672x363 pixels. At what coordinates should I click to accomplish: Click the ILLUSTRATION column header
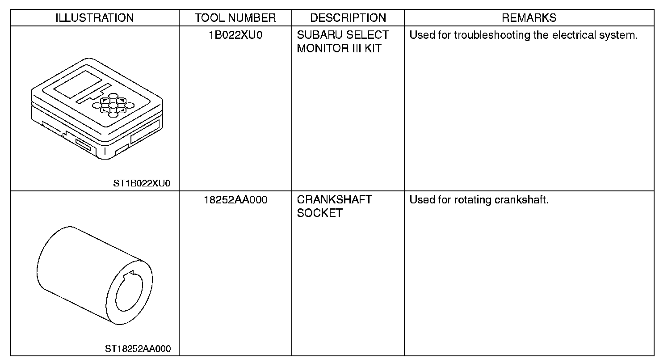(94, 18)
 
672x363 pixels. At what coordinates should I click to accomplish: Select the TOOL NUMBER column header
(235, 18)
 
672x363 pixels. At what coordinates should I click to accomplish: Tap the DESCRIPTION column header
(348, 18)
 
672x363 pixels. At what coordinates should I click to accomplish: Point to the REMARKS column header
(529, 18)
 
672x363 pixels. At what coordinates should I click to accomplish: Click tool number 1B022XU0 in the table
(235, 35)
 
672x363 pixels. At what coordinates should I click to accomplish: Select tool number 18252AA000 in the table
(235, 200)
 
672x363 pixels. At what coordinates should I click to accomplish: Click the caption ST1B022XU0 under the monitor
(142, 183)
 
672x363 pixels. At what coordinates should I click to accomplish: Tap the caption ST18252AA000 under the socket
(138, 348)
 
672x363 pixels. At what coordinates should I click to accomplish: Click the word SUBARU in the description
(316, 35)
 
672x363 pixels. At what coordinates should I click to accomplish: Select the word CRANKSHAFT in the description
(334, 200)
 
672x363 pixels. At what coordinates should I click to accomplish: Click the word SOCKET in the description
(319, 213)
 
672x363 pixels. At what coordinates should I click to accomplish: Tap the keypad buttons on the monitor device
(113, 106)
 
